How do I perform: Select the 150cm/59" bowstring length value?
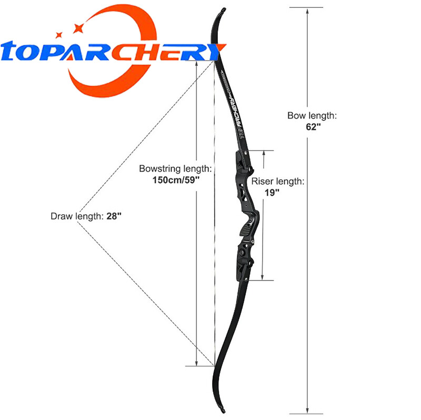coord(176,179)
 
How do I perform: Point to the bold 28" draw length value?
coord(113,216)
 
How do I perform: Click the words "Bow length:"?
coord(312,115)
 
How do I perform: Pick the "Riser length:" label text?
coord(277,182)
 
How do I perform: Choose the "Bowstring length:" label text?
coord(176,169)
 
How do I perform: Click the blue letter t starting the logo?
coord(13,53)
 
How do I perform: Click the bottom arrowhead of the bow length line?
coord(307,411)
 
